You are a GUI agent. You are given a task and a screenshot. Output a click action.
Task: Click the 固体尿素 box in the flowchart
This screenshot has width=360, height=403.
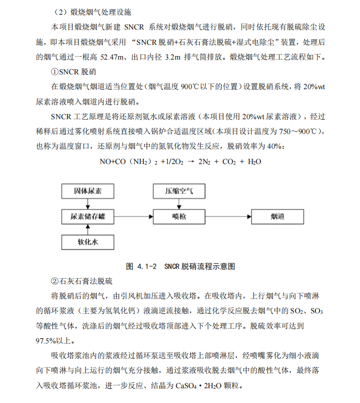[88, 192]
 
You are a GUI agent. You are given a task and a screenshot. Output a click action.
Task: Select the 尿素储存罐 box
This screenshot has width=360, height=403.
[88, 217]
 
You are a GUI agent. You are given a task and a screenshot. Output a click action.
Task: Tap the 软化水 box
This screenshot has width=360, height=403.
[88, 241]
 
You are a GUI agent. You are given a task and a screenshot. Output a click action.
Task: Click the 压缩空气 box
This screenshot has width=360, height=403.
[179, 192]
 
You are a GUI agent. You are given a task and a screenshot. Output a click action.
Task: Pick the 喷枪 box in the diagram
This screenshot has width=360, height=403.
[179, 217]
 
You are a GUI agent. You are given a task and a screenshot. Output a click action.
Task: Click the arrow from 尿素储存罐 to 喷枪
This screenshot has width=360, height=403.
[134, 217]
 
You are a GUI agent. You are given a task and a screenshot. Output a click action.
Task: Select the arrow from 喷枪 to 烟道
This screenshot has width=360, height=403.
[226, 217]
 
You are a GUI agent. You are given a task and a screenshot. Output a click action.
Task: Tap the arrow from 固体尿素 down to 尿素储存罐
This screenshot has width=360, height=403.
[88, 204]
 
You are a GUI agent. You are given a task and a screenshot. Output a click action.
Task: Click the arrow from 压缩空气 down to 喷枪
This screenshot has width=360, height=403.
[179, 204]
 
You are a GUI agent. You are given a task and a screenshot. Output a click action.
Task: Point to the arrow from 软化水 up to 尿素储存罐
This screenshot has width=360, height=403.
[88, 229]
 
